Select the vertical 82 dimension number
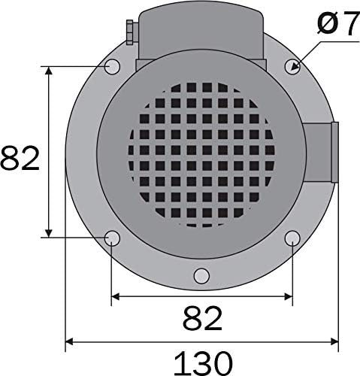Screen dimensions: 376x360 pos(20,159)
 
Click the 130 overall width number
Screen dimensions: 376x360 pos(202,362)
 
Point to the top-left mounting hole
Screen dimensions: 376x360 pos(111,66)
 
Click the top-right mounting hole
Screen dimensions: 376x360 pos(292,66)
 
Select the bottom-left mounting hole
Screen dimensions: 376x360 pos(112,239)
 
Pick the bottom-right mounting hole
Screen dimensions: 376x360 pos(292,239)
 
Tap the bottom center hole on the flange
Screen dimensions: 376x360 pos(201,275)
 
